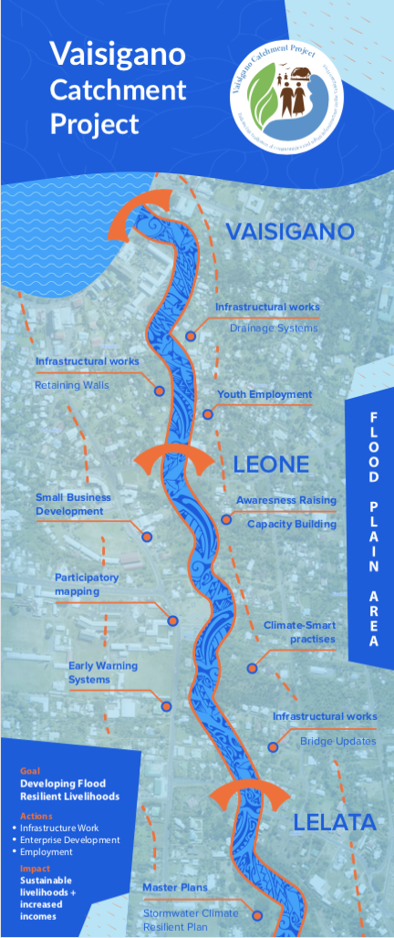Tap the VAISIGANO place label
290,232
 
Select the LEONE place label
271,464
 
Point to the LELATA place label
335,822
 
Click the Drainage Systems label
274,328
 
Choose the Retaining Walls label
72,385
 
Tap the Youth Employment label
264,395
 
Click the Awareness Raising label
285,500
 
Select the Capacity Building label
291,524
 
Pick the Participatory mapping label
87,584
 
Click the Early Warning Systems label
103,672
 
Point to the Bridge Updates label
337,741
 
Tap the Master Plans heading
175,887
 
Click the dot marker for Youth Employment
208,414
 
